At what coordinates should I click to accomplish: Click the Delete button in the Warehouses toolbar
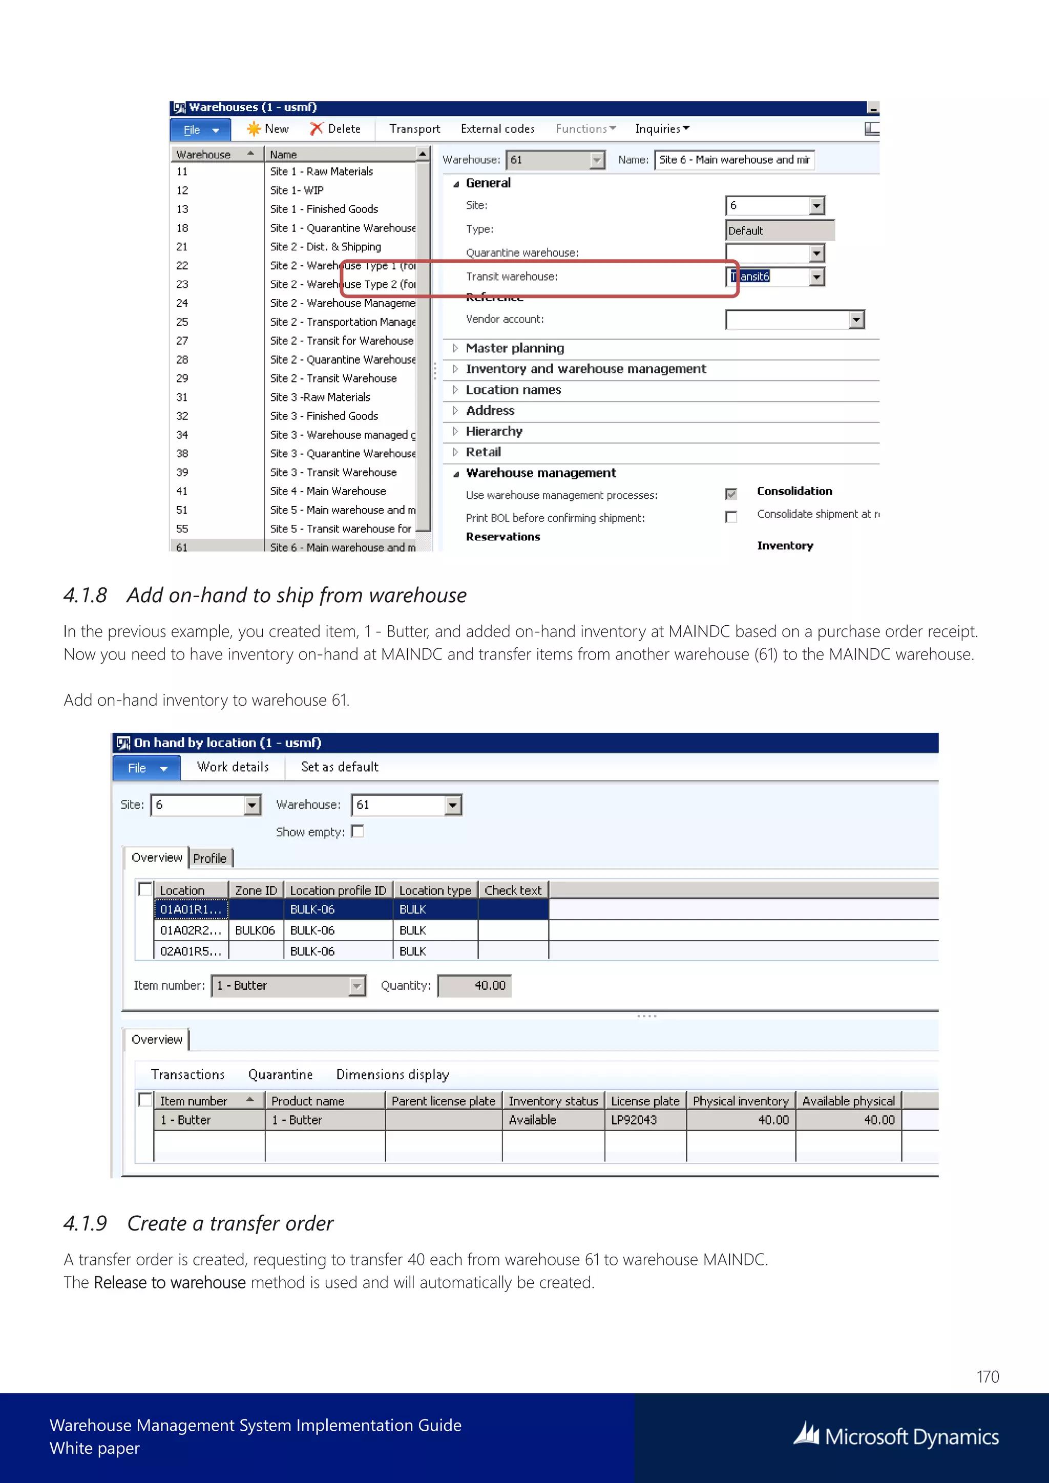click(335, 129)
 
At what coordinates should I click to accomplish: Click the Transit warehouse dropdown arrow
click(816, 277)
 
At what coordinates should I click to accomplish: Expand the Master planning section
click(514, 348)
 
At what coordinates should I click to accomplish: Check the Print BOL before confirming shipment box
click(731, 517)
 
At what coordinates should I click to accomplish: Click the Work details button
click(233, 767)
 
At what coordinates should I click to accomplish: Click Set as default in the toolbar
click(339, 767)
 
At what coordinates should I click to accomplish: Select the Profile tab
click(210, 858)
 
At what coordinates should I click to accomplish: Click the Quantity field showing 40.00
click(474, 986)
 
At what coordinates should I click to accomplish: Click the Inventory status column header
click(553, 1101)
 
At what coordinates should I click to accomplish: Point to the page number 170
click(987, 1376)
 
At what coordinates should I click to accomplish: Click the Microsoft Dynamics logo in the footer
click(896, 1436)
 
